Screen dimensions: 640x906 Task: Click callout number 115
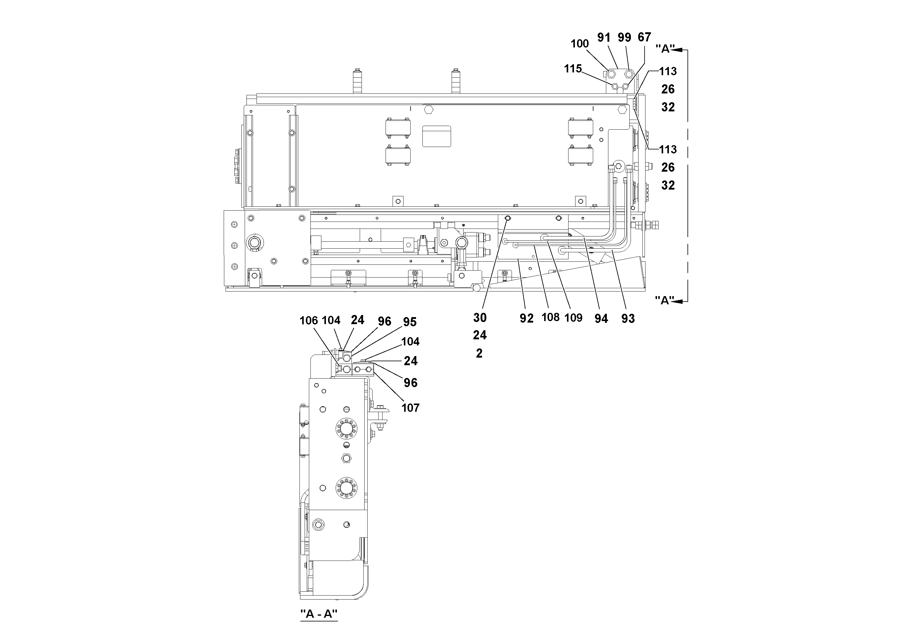(x=572, y=69)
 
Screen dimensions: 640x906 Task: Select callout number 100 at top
(x=580, y=44)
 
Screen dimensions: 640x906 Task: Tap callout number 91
(x=604, y=37)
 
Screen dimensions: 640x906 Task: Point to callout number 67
(x=644, y=37)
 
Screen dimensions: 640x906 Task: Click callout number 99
(x=624, y=37)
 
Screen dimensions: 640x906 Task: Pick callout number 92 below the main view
(x=526, y=318)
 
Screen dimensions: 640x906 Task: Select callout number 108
(x=551, y=317)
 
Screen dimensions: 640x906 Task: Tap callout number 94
(x=601, y=318)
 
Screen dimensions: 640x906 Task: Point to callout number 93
(x=628, y=318)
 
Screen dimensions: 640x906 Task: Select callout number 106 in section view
(x=309, y=320)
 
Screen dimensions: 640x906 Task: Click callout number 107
(x=410, y=408)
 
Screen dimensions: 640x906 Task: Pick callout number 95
(x=410, y=322)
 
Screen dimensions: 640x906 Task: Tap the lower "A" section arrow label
(x=664, y=300)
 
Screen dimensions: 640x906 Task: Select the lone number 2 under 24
(x=479, y=354)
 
